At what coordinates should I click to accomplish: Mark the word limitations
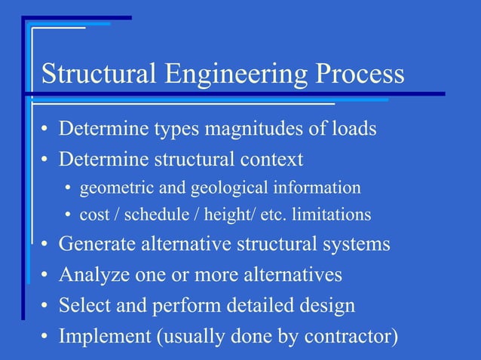[332, 215]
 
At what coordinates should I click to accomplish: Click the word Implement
[102, 336]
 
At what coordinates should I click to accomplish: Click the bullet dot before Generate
[47, 245]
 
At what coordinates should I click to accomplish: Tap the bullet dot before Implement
[47, 337]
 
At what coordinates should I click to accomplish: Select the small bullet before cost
[68, 215]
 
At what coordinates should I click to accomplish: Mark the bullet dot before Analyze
[47, 276]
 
